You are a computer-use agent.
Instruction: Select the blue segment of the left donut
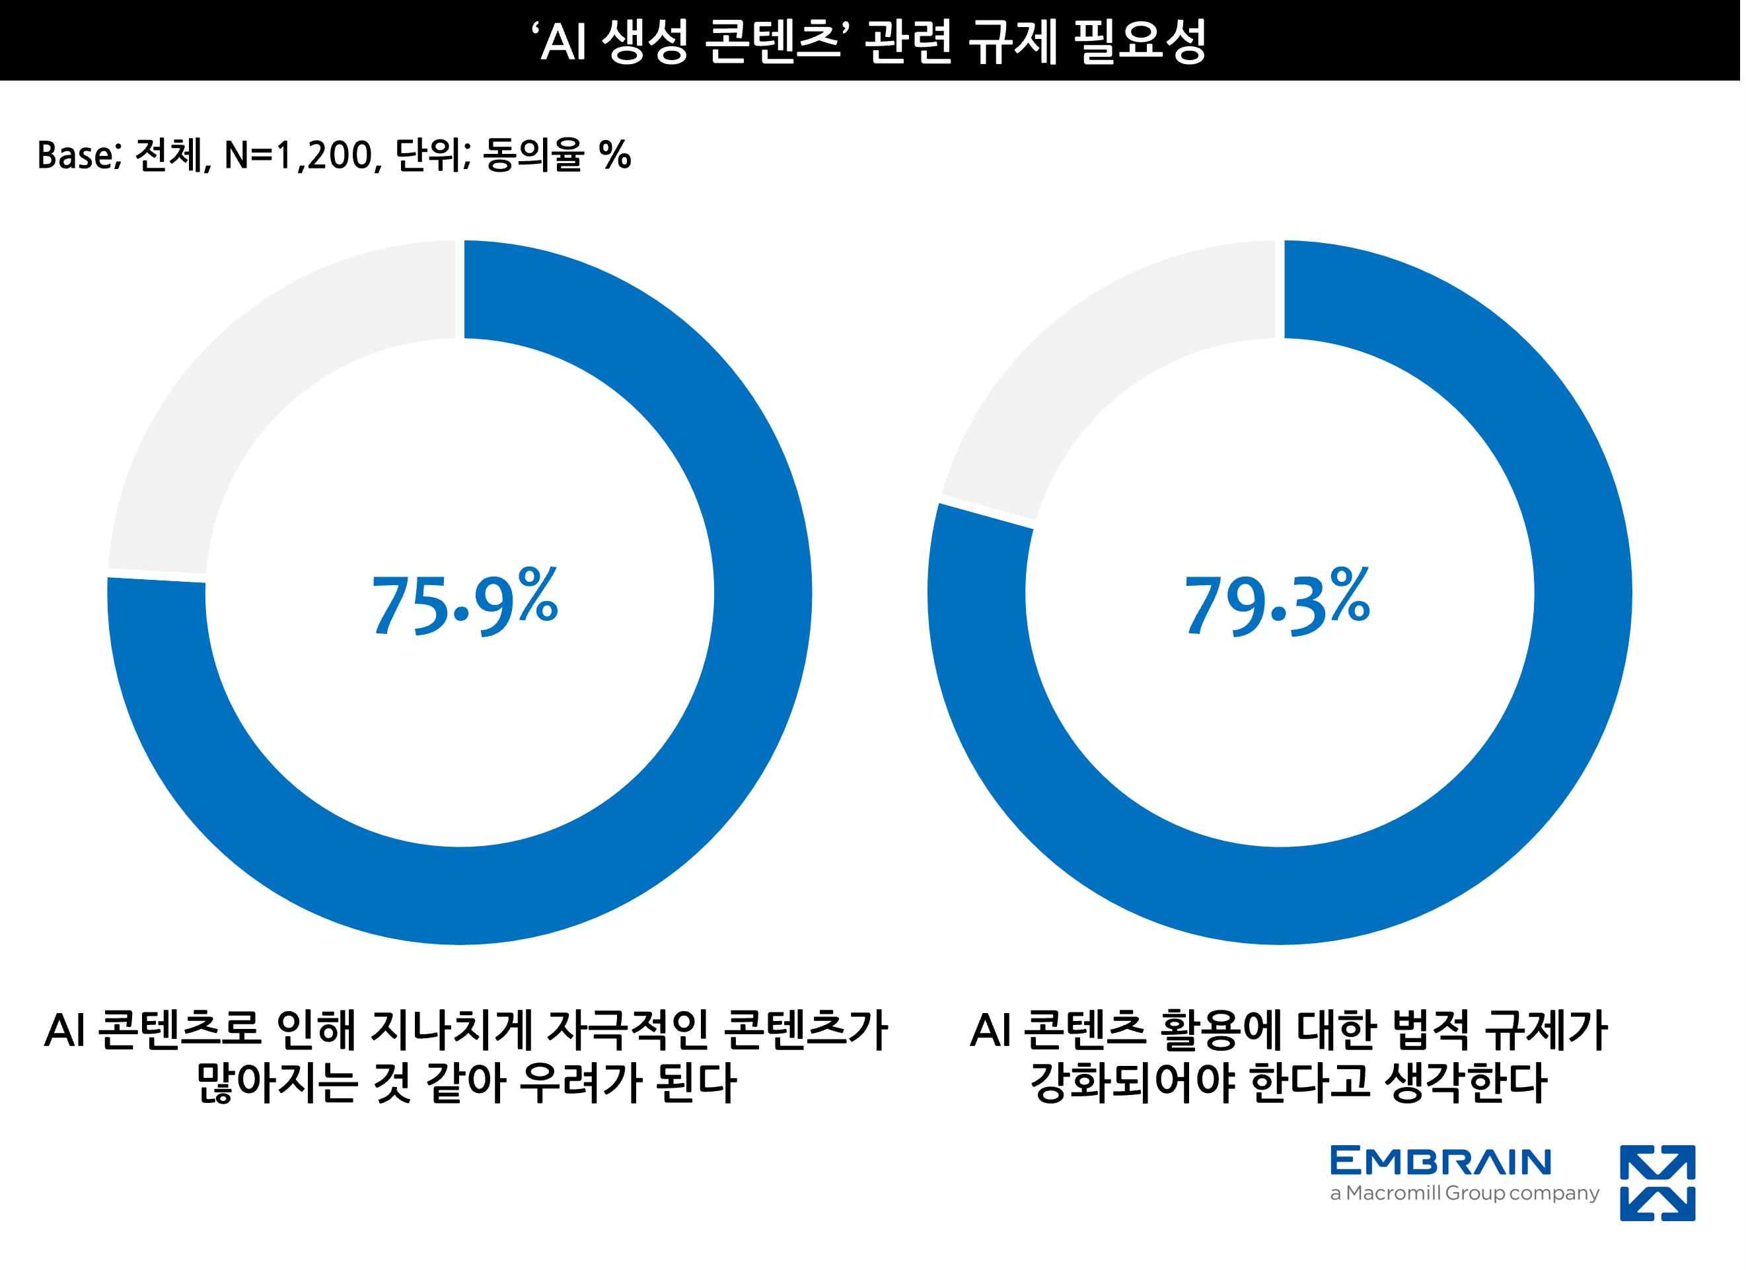693,769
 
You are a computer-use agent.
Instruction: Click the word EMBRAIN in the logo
1440,1162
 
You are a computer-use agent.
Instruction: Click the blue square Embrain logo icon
1657,1182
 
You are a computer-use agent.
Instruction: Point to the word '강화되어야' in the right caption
1132,1083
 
